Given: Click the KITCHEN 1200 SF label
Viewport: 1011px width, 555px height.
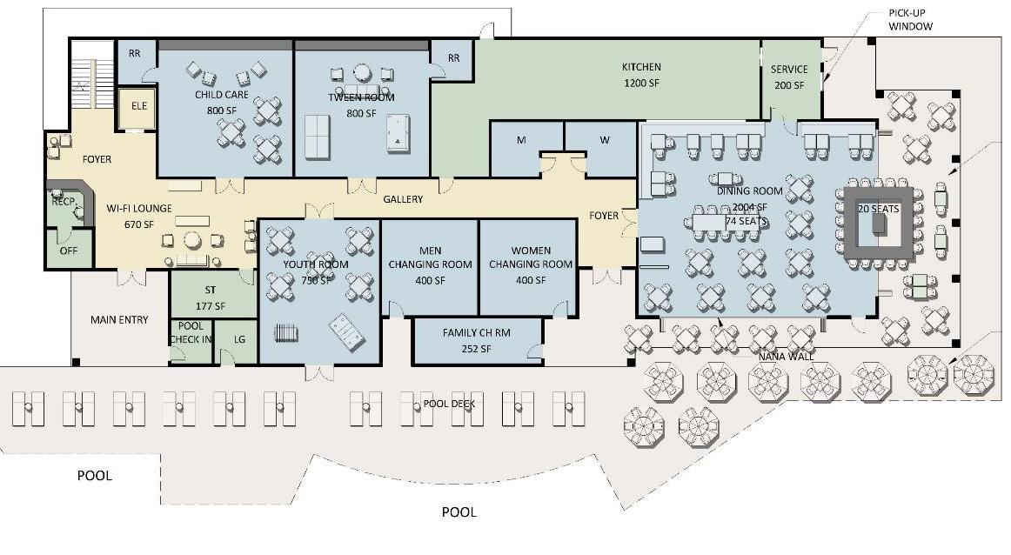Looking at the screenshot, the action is point(641,75).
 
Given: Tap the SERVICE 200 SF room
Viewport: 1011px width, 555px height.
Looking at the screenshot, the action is point(789,77).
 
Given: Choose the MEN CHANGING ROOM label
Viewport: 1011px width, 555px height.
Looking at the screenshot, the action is point(430,264).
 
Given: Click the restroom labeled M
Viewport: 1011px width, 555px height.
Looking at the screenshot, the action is point(521,141).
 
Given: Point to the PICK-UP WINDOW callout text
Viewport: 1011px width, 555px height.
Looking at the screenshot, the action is point(910,20).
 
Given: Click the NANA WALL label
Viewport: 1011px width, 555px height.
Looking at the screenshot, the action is point(780,357).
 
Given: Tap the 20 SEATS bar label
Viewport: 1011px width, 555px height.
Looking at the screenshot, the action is point(878,209).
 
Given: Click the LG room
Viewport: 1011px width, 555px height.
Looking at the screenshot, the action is point(239,340).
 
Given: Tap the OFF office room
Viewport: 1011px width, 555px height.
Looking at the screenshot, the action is point(68,251).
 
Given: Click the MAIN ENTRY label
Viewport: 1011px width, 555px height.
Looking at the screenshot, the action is point(119,319).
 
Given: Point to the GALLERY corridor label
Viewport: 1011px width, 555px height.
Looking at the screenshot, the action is point(403,199).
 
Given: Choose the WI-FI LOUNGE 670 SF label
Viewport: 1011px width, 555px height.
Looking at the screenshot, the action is point(139,216).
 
